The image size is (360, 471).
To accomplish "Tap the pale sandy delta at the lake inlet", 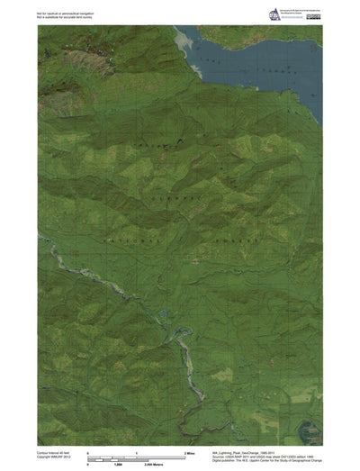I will [187, 41].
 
